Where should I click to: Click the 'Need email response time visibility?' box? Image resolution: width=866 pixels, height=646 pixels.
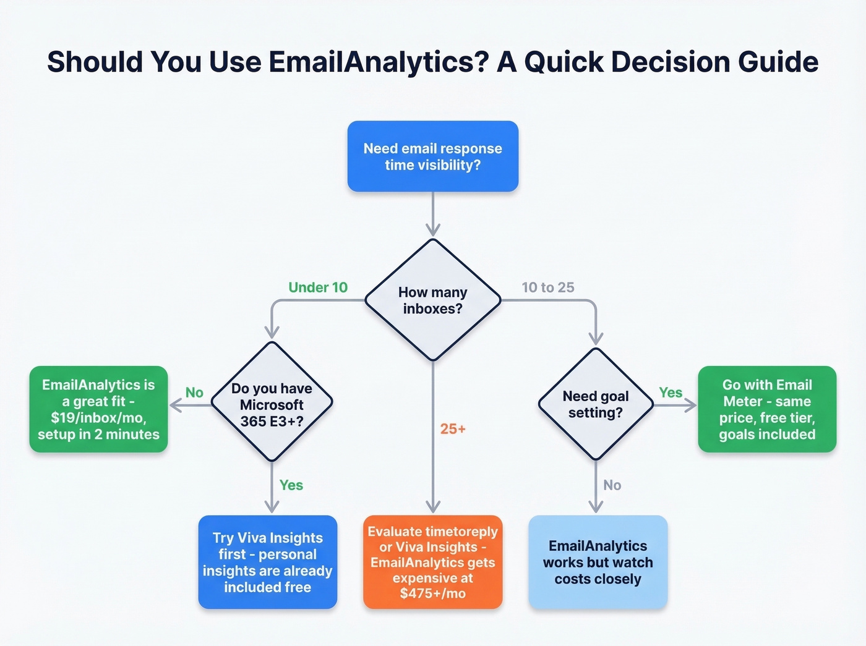(x=432, y=156)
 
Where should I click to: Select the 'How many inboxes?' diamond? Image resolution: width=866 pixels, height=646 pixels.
(x=432, y=300)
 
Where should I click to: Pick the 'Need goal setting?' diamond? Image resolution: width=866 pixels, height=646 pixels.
(x=595, y=404)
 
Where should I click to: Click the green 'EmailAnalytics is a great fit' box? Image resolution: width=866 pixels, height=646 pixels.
(x=98, y=409)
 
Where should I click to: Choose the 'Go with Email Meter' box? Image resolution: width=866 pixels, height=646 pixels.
(x=767, y=409)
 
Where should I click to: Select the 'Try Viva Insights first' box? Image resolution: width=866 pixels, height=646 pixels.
(x=267, y=562)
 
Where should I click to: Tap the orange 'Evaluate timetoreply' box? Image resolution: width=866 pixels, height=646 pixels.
(x=432, y=562)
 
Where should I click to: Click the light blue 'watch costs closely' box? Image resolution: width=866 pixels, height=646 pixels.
(x=598, y=562)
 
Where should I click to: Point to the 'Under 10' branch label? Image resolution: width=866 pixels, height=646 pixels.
(x=318, y=287)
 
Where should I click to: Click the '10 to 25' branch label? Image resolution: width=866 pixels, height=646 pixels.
(x=548, y=287)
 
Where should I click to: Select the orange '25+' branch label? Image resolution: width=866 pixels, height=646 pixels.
(x=453, y=429)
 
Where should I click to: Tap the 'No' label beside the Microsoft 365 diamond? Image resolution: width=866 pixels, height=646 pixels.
(x=194, y=393)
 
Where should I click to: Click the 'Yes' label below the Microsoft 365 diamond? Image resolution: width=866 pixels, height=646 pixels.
(x=291, y=485)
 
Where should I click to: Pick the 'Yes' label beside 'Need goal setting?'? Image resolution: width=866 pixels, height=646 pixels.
(x=671, y=393)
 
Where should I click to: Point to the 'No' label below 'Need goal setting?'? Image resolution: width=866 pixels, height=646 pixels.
(x=612, y=485)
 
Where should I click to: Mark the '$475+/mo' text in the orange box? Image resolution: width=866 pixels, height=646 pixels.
(x=432, y=594)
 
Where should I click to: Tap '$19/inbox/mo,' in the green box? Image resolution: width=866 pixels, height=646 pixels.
(x=98, y=418)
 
